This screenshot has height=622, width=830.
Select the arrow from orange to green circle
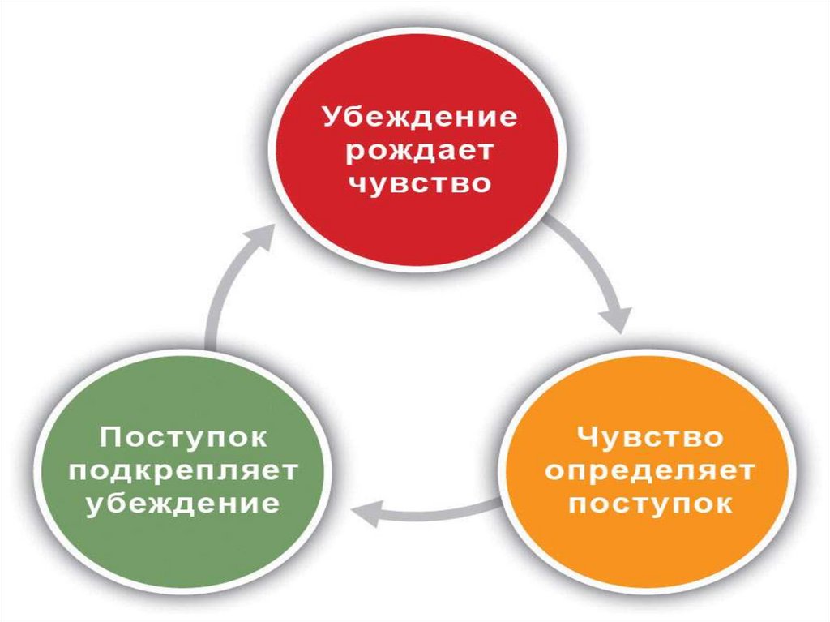430,511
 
